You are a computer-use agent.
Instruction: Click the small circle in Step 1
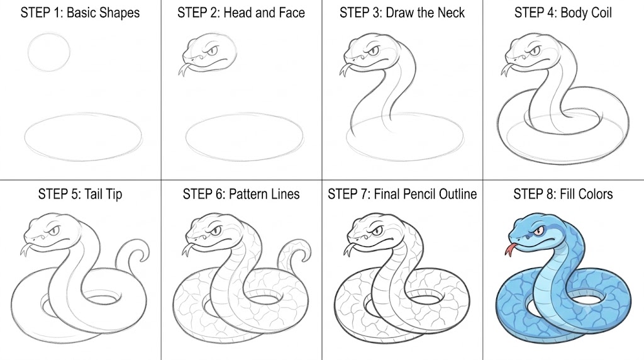coord(49,33)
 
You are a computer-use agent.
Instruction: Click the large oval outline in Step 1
coord(84,114)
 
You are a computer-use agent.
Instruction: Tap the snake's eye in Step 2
coord(212,52)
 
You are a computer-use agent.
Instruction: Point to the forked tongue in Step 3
coord(344,70)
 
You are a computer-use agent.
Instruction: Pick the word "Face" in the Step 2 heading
coord(291,13)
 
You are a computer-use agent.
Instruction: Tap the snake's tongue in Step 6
coord(187,249)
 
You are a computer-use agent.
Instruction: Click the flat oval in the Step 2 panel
coord(245,114)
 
